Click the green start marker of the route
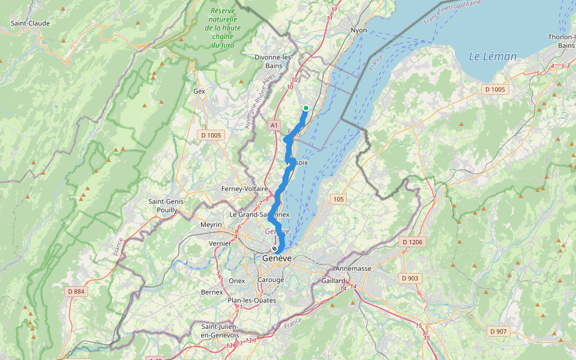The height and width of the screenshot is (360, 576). pyautogui.click(x=306, y=108)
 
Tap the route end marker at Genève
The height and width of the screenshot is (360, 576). pyautogui.click(x=275, y=248)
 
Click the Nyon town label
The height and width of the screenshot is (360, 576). pyautogui.click(x=359, y=30)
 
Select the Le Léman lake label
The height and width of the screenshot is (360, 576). pyautogui.click(x=492, y=56)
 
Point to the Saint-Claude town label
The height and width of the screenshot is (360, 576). pyautogui.click(x=30, y=23)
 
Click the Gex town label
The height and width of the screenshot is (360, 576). pyautogui.click(x=199, y=91)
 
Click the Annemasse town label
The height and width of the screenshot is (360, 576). pyautogui.click(x=353, y=269)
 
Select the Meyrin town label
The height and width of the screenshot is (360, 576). pyautogui.click(x=211, y=224)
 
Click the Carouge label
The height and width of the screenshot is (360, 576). pyautogui.click(x=271, y=280)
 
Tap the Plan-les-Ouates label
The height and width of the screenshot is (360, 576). pyautogui.click(x=251, y=300)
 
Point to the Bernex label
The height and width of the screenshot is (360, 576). pyautogui.click(x=211, y=292)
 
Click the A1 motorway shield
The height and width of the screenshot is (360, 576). pyautogui.click(x=274, y=125)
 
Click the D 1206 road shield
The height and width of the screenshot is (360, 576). pyautogui.click(x=413, y=242)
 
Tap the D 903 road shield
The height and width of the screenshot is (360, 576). pyautogui.click(x=410, y=278)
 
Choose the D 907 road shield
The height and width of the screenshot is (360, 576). pyautogui.click(x=500, y=331)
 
